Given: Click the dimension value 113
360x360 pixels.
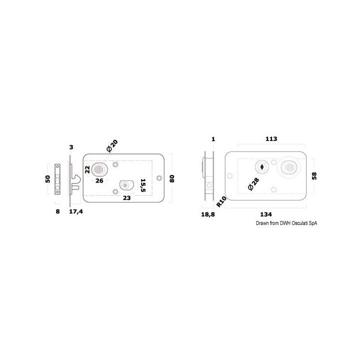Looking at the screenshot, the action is [271, 139].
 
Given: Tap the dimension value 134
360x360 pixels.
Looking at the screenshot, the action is [266, 214].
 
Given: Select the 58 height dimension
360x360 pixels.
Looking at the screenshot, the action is [314, 176].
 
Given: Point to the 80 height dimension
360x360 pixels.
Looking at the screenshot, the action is [171, 178].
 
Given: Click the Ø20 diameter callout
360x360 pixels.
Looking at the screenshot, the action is [112, 146].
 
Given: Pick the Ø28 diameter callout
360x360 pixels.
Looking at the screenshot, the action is [253, 184].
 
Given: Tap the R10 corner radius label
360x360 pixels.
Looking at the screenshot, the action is [221, 202].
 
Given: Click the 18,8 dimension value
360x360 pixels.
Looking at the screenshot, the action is [208, 214].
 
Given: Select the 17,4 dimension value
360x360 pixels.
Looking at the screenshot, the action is [76, 211].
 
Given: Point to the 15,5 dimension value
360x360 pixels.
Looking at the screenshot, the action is [143, 185].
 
